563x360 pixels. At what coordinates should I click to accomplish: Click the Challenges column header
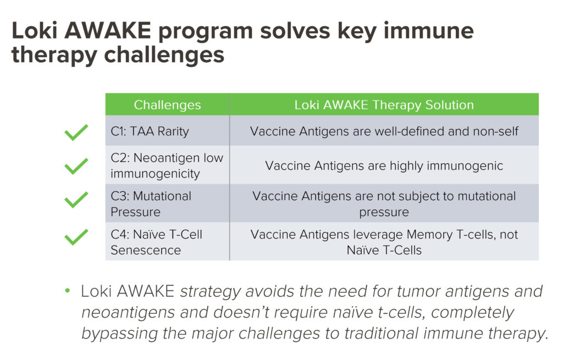pyautogui.click(x=167, y=105)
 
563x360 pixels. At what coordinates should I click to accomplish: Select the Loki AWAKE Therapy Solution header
pyautogui.click(x=384, y=105)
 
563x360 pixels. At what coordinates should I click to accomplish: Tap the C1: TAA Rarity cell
pyautogui.click(x=167, y=131)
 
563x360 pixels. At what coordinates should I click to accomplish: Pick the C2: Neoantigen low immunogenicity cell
pyautogui.click(x=167, y=165)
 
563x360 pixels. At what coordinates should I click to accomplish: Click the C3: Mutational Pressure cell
pyautogui.click(x=167, y=203)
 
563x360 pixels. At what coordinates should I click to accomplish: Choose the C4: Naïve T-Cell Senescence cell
pyautogui.click(x=167, y=241)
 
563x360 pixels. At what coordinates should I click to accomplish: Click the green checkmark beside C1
pyautogui.click(x=76, y=132)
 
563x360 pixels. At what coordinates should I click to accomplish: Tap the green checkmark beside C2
pyautogui.click(x=76, y=166)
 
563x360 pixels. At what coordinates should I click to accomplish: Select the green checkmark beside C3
pyautogui.click(x=76, y=200)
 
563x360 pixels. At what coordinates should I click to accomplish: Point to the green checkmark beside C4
pyautogui.click(x=76, y=237)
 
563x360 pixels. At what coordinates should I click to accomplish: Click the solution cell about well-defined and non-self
pyautogui.click(x=384, y=131)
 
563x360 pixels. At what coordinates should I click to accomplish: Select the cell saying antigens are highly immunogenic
pyautogui.click(x=384, y=165)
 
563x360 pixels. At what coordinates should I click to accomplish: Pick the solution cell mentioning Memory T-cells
pyautogui.click(x=384, y=241)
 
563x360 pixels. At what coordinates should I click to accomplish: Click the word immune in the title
pyautogui.click(x=428, y=31)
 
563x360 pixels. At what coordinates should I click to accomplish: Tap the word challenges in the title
pyautogui.click(x=164, y=56)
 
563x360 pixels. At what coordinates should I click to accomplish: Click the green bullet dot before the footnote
pyautogui.click(x=68, y=290)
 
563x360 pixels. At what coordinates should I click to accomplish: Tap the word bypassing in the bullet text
pyautogui.click(x=119, y=334)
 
